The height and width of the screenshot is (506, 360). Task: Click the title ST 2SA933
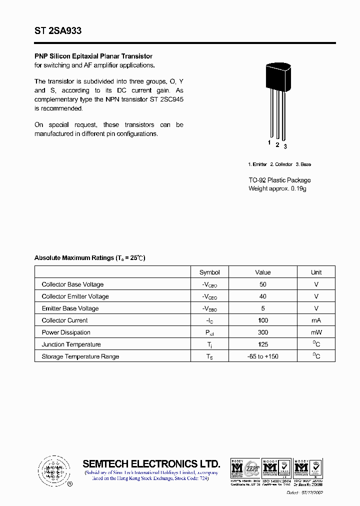pos(58,31)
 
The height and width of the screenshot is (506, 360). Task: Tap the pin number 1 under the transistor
pos(269,143)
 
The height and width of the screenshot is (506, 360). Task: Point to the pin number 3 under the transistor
pos(285,146)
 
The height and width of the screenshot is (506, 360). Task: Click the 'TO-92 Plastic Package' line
pos(279,180)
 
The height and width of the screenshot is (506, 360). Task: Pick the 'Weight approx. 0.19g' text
pos(277,188)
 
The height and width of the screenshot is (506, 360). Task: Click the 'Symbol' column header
pos(209,272)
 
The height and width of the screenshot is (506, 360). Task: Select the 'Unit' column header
pos(316,272)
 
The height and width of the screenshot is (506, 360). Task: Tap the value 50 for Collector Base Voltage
pos(263,284)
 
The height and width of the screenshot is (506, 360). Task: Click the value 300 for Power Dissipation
pos(263,332)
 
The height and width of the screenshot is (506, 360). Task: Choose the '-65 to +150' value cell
pos(263,356)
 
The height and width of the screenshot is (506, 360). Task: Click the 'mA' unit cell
pos(316,320)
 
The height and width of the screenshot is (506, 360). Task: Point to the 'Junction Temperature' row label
pos(71,344)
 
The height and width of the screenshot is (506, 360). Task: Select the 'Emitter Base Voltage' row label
pos(70,308)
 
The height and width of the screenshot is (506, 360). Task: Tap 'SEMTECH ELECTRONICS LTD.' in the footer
pos(151,463)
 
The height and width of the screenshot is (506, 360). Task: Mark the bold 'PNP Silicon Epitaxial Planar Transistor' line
pos(93,56)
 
